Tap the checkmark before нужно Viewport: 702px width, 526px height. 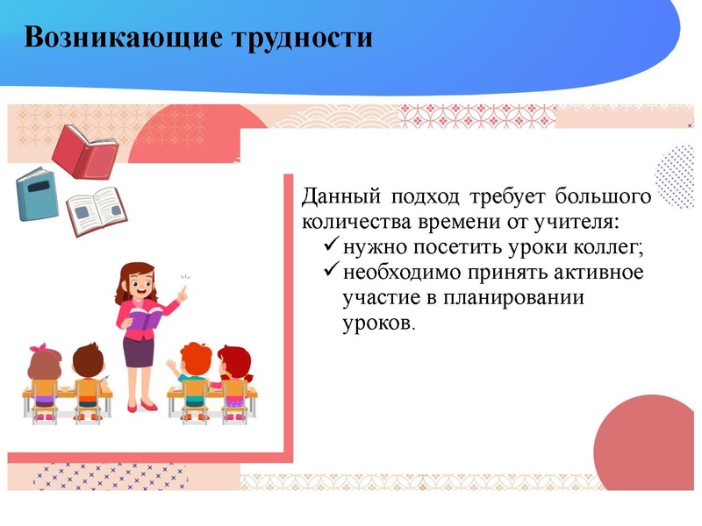click(x=331, y=246)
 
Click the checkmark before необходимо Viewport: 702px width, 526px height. click(x=331, y=272)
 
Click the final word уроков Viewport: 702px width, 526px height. click(x=376, y=323)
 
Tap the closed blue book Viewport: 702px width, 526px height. click(x=35, y=194)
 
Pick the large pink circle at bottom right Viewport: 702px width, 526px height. click(x=650, y=438)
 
